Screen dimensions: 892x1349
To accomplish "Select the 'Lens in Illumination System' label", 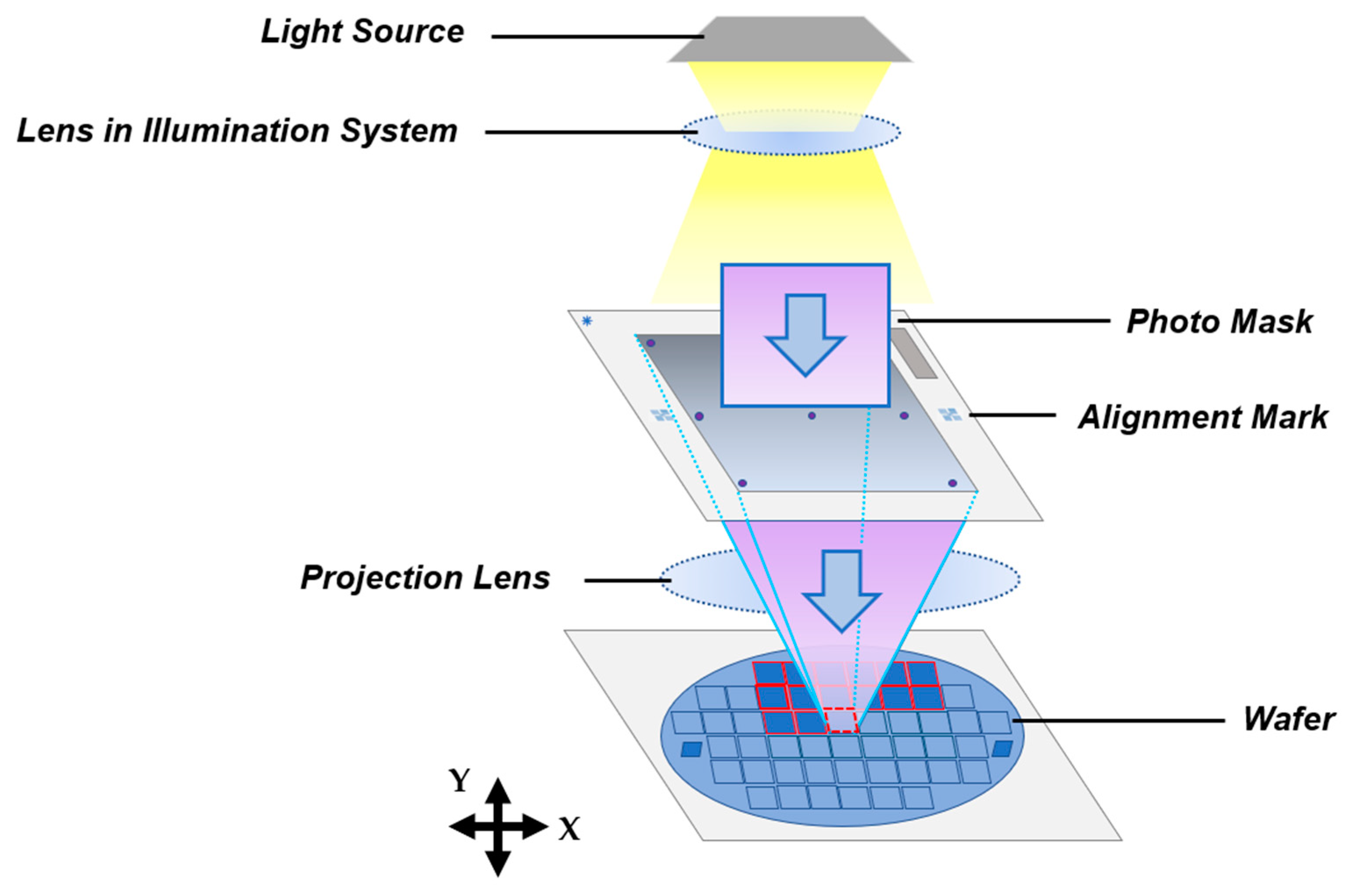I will click(237, 131).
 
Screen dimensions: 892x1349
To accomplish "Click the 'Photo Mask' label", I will click(1219, 322).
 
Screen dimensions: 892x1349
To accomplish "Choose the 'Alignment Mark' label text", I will click(1203, 417).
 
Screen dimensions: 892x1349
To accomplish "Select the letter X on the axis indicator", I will click(569, 829).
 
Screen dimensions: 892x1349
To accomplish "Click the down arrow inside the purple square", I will click(805, 334).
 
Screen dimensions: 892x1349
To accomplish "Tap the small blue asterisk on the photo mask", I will click(587, 322).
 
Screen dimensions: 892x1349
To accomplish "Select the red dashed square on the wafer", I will click(841, 720).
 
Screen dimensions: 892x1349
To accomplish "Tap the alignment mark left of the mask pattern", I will click(662, 415).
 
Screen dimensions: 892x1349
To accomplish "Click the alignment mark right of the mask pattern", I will click(949, 415).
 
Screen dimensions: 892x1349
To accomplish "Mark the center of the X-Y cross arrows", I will click(498, 827).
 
